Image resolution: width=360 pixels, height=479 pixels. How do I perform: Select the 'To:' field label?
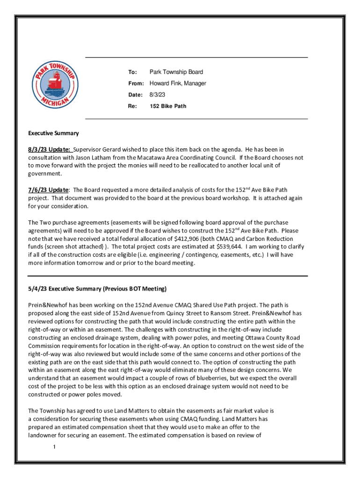pyautogui.click(x=133, y=72)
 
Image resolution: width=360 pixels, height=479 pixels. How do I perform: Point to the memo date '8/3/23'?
pyautogui.click(x=157, y=94)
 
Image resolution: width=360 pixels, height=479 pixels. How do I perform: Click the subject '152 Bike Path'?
pyautogui.click(x=168, y=106)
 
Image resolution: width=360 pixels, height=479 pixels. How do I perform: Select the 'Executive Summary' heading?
pyautogui.click(x=53, y=133)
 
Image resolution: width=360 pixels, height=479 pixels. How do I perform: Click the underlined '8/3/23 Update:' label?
pyautogui.click(x=49, y=149)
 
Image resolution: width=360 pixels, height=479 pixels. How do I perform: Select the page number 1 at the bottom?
pyautogui.click(x=55, y=448)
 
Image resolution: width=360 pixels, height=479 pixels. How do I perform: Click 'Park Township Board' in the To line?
pyautogui.click(x=176, y=72)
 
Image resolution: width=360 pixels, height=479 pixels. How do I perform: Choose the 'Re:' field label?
pyautogui.click(x=132, y=106)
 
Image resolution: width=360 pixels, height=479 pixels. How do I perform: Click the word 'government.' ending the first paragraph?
pyautogui.click(x=45, y=174)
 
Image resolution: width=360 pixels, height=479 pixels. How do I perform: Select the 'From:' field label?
pyautogui.click(x=137, y=83)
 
